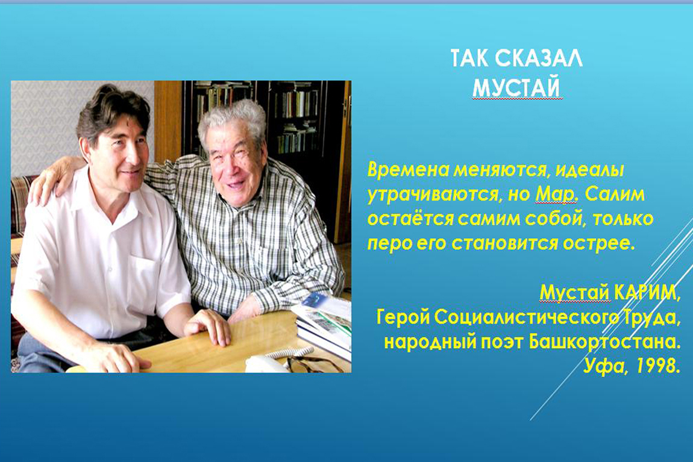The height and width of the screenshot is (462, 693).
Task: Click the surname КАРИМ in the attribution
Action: [646, 292]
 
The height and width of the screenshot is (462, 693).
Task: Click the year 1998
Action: [657, 366]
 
